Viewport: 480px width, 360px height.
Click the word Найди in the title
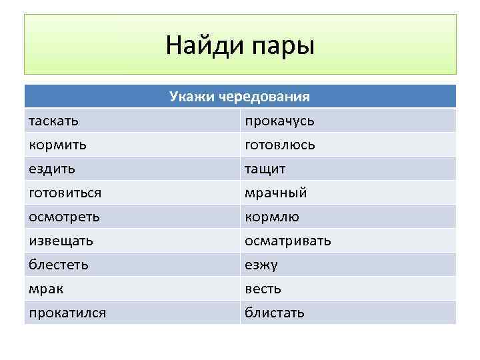pyautogui.click(x=204, y=45)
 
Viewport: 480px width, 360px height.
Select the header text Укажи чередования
pyautogui.click(x=239, y=97)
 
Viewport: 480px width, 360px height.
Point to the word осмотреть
pyautogui.click(x=64, y=217)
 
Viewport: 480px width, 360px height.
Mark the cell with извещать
pyautogui.click(x=61, y=241)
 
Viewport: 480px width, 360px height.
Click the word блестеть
pyautogui.click(x=59, y=265)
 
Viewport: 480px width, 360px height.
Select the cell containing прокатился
pyautogui.click(x=67, y=313)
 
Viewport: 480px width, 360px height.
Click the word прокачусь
pyautogui.click(x=279, y=121)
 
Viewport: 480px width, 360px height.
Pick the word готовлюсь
pyautogui.click(x=280, y=145)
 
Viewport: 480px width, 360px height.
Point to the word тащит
pyautogui.click(x=265, y=169)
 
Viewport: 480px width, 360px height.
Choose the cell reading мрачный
pyautogui.click(x=276, y=193)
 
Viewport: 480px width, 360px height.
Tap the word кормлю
pyautogui.click(x=272, y=217)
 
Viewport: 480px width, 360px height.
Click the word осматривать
pyautogui.click(x=288, y=241)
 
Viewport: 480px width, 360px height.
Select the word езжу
pyautogui.click(x=261, y=265)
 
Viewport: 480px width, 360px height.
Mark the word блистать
pyautogui.click(x=275, y=313)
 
